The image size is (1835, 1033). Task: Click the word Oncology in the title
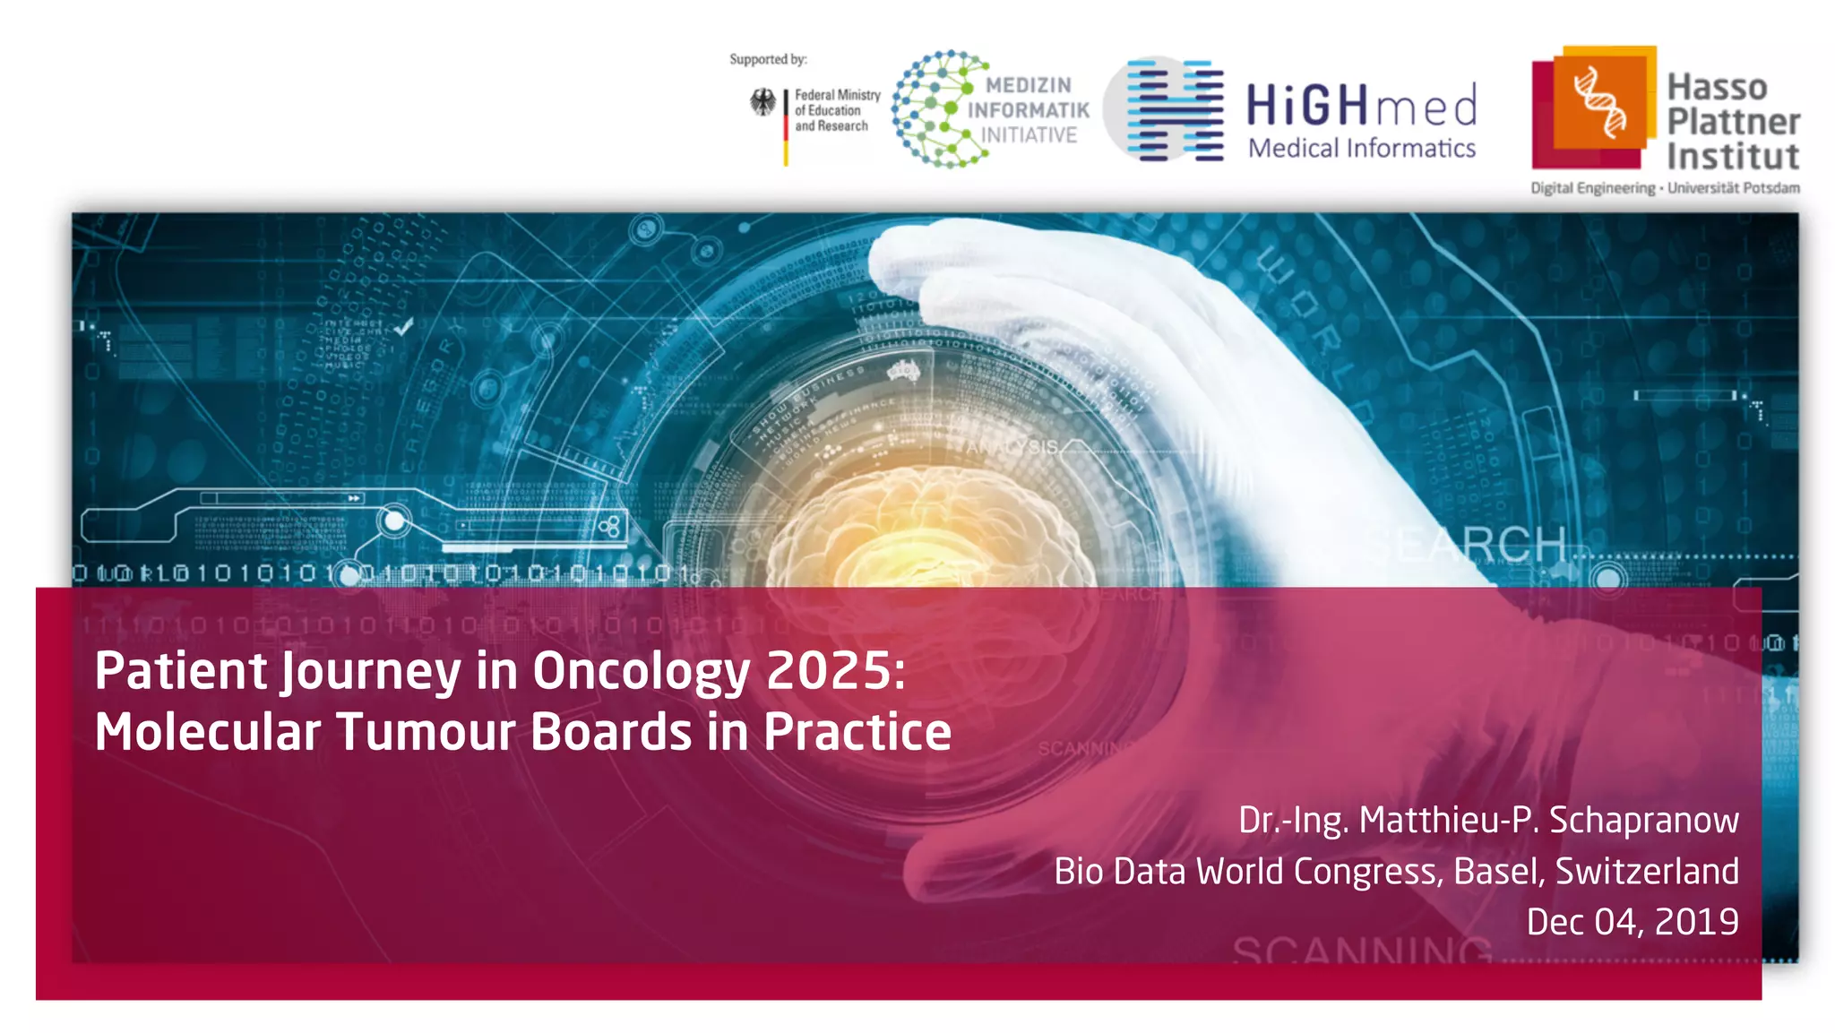point(641,671)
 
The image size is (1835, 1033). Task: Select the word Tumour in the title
point(425,732)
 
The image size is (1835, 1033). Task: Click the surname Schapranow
point(1643,820)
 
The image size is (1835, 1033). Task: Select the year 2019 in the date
point(1696,922)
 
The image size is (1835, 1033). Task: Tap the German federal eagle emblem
point(763,103)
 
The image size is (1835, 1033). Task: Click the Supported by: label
point(768,59)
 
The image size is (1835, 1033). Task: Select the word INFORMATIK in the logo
point(1029,110)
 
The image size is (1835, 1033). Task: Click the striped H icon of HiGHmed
point(1175,110)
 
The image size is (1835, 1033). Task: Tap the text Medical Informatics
point(1361,148)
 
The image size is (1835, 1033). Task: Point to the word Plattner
point(1733,121)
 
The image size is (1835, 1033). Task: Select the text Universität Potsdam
point(1733,188)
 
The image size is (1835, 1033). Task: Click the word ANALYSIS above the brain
point(1012,446)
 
